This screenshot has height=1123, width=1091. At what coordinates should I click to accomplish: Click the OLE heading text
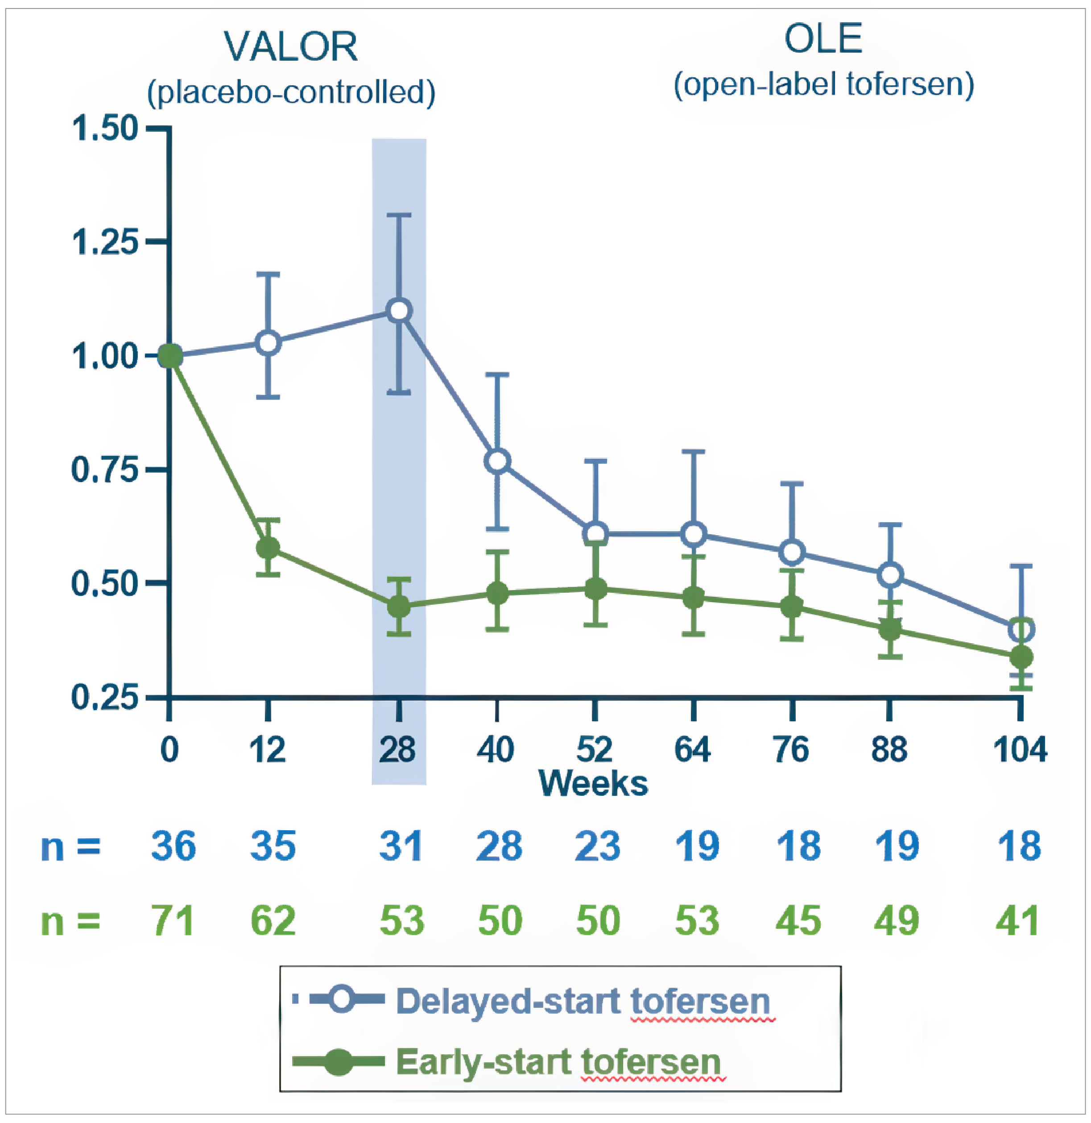point(823,40)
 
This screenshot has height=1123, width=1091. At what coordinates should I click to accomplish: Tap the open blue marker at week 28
point(399,311)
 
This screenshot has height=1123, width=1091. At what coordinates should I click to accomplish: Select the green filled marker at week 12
point(268,548)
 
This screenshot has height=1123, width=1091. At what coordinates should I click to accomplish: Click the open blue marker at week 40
point(497,462)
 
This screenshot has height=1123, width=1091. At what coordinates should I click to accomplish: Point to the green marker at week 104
point(1021,657)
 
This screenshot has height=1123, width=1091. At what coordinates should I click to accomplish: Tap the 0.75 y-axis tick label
point(105,470)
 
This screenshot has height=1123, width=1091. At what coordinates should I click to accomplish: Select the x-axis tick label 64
point(693,750)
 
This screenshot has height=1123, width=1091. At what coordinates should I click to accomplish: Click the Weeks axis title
point(593,784)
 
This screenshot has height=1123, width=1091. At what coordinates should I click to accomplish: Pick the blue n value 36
point(173,847)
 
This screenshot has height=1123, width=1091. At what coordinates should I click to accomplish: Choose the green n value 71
point(173,921)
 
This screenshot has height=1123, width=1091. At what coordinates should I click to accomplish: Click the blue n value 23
point(597,847)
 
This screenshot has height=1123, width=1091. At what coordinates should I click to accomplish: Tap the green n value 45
point(798,921)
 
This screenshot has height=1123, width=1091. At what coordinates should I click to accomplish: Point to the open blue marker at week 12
point(268,343)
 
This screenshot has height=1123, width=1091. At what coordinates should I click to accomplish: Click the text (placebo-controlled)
point(291,92)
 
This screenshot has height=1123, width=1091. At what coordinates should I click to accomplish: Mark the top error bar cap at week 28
point(399,216)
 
